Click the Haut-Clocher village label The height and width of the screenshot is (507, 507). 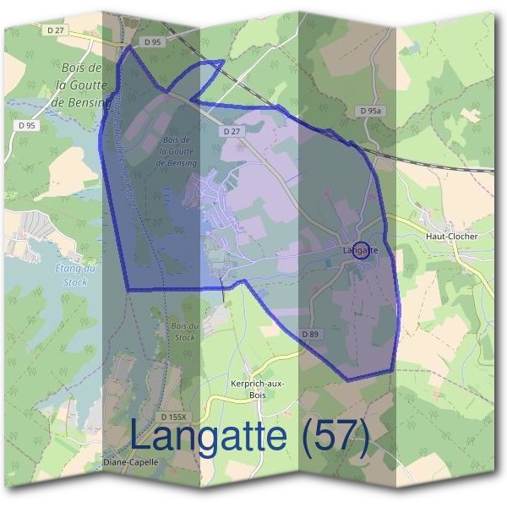452,237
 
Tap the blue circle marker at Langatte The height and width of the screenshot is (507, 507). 362,250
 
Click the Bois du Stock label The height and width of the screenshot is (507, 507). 183,331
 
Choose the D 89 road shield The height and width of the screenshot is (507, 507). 310,335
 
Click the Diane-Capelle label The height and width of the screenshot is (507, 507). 130,462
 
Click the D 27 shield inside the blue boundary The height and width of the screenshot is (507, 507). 232,132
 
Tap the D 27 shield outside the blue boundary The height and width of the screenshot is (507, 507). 56,30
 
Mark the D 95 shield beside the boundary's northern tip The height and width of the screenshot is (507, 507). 152,41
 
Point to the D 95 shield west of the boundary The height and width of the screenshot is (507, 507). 27,126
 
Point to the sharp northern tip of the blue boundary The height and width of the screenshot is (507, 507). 129,47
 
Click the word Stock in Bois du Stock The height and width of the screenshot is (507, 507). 185,337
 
